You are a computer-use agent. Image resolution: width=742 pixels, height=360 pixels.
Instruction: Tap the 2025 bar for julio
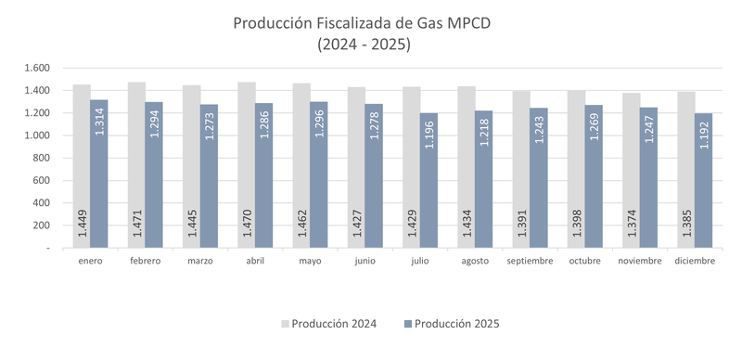pos(429,180)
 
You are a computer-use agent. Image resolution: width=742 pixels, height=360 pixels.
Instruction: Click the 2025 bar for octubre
pos(594,176)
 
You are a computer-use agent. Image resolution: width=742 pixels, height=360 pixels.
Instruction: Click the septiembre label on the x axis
pos(530,261)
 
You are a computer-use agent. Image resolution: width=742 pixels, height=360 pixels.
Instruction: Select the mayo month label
pos(310,261)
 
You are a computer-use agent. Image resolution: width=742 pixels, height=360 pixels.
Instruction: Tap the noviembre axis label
pos(639,261)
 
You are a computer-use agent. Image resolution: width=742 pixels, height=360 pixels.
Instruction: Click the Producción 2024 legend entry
pos(329,324)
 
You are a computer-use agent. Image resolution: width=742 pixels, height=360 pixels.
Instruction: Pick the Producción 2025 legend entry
pos(451,324)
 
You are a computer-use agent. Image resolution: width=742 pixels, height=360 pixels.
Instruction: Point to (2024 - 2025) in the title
pos(364,44)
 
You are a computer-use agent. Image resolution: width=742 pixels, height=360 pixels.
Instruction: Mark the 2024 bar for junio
pos(356,168)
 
